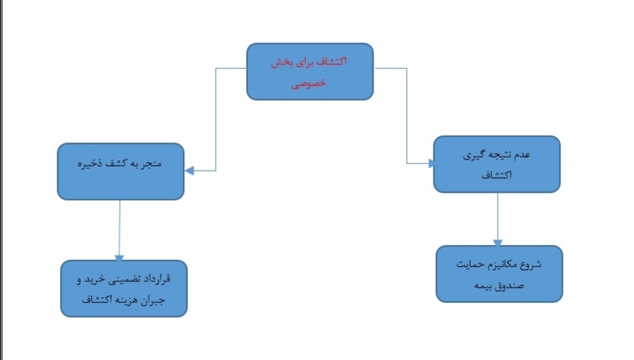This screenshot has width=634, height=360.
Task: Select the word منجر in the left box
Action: tap(151, 164)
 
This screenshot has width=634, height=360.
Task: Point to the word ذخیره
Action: tap(91, 164)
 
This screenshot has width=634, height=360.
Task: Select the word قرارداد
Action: tap(157, 280)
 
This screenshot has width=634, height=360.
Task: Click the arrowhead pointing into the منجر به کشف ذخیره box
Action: tap(189, 170)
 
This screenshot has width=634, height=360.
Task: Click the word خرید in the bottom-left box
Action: tap(90, 280)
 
